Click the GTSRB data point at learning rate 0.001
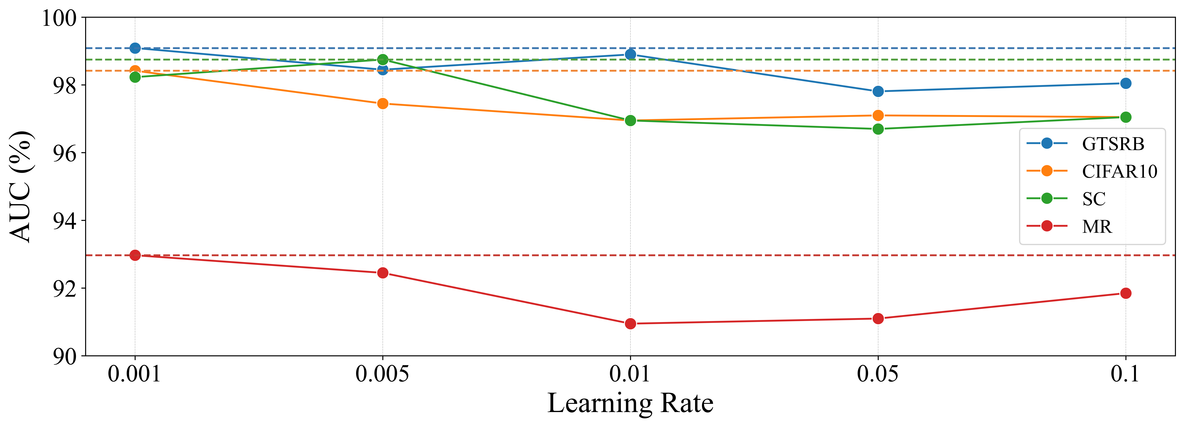click(x=135, y=48)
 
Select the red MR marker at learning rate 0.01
click(x=630, y=324)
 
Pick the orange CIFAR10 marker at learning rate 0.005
click(x=382, y=103)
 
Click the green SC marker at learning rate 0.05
click(x=878, y=129)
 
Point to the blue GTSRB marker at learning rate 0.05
click(x=878, y=91)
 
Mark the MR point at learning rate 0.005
click(x=382, y=273)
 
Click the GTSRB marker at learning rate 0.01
click(x=630, y=54)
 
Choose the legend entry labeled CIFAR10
click(x=1119, y=171)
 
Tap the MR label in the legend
click(x=1097, y=226)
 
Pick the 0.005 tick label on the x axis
click(x=382, y=374)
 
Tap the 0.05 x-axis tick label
click(x=877, y=374)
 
